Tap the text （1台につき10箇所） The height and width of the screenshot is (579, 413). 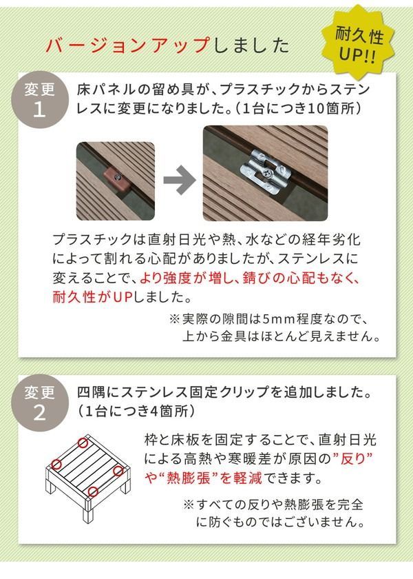pyautogui.click(x=299, y=109)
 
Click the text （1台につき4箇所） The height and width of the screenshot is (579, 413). pyautogui.click(x=135, y=412)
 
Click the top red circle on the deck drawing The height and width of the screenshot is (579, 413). pyautogui.click(x=83, y=443)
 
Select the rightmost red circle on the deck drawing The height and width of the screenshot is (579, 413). pyautogui.click(x=118, y=471)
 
